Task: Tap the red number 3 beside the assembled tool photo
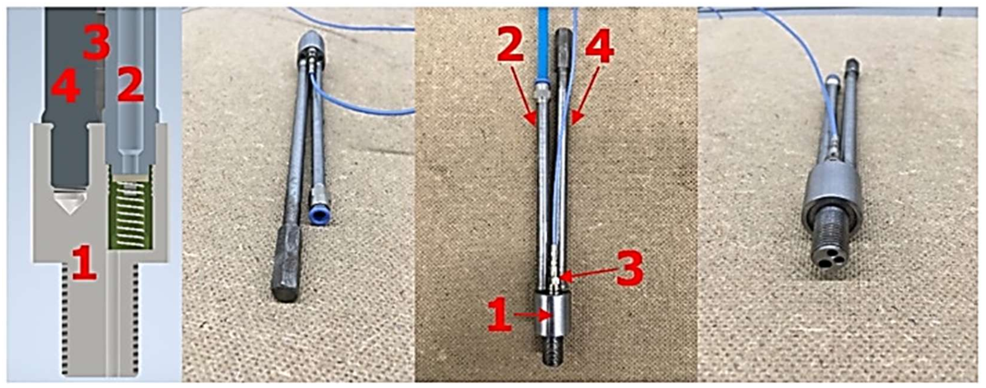pos(629,268)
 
